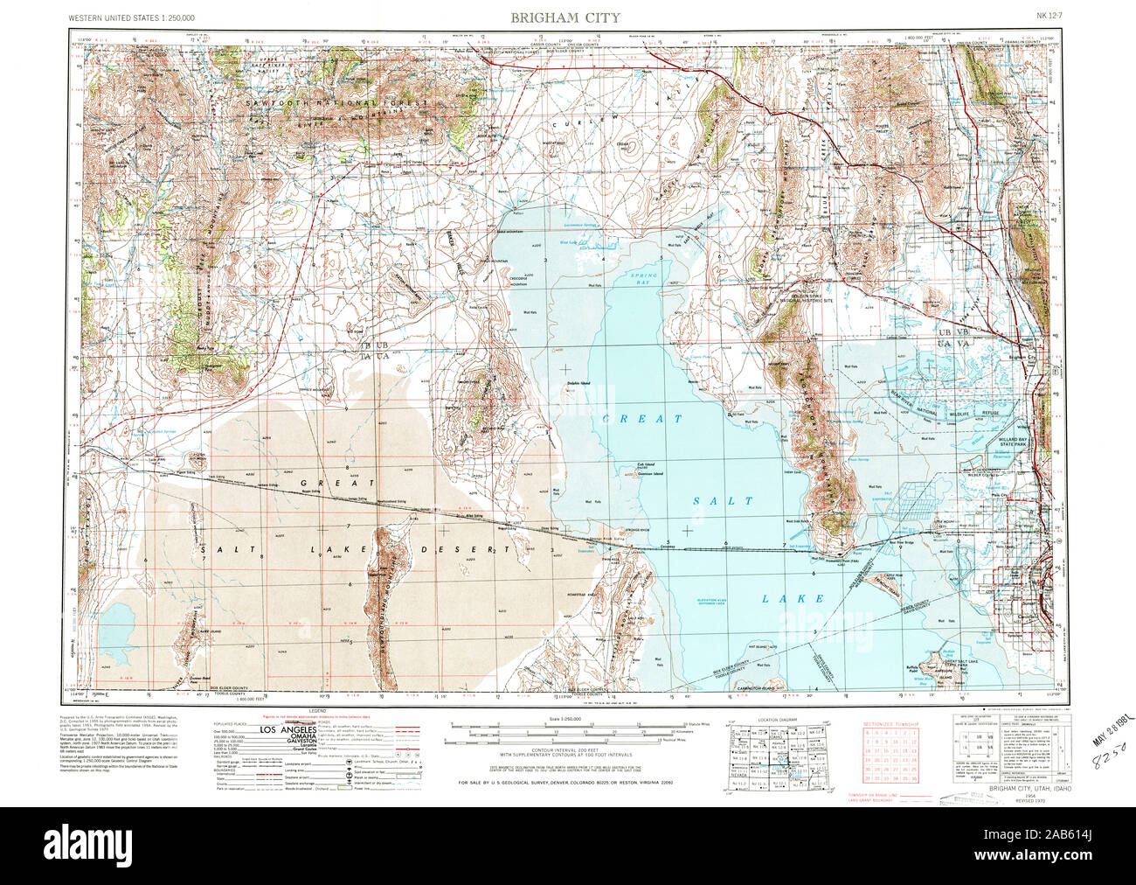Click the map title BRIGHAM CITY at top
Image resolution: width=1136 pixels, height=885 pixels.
[567, 17]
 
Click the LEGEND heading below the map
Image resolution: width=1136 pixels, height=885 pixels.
[316, 711]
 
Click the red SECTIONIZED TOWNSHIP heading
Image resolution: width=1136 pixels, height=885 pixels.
[890, 725]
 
